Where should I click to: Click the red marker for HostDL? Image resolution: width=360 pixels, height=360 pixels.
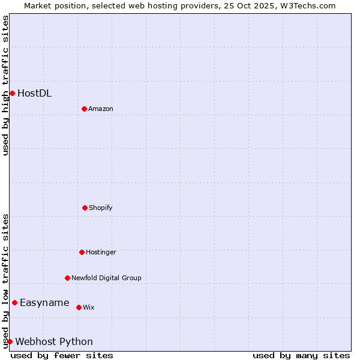coord(12,93)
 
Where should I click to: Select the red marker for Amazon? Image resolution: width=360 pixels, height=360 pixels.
coord(84,109)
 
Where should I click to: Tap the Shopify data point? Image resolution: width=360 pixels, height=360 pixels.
coord(85,208)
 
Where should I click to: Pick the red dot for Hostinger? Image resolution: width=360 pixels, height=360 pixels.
coord(82,252)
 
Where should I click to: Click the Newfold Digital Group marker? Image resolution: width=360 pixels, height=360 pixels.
coord(67,278)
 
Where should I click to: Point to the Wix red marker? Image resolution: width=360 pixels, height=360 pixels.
coord(79,307)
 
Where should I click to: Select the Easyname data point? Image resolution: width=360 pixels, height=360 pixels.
coord(14,302)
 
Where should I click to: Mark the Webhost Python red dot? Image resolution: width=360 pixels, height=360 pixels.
coord(10,341)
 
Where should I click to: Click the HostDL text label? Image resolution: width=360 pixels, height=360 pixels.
coord(34,93)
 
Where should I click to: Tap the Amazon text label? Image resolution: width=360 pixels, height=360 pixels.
coord(100,109)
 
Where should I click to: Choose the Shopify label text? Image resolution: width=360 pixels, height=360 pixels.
coord(100,208)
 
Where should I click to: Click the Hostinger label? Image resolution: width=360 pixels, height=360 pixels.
coord(101,252)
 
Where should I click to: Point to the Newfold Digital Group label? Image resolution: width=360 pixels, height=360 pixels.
coord(106,278)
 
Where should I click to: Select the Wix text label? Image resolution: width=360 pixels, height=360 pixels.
coord(88,307)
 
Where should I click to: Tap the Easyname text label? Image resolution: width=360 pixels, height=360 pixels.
coord(44,302)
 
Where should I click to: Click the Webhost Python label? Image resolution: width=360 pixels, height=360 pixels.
coord(54,341)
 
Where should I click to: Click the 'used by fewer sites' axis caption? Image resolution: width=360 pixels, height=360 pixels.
coord(62,355)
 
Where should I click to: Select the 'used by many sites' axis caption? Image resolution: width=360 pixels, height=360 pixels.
coord(301,355)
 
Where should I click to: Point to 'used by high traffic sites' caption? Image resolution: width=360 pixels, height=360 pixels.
coord(5,85)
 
